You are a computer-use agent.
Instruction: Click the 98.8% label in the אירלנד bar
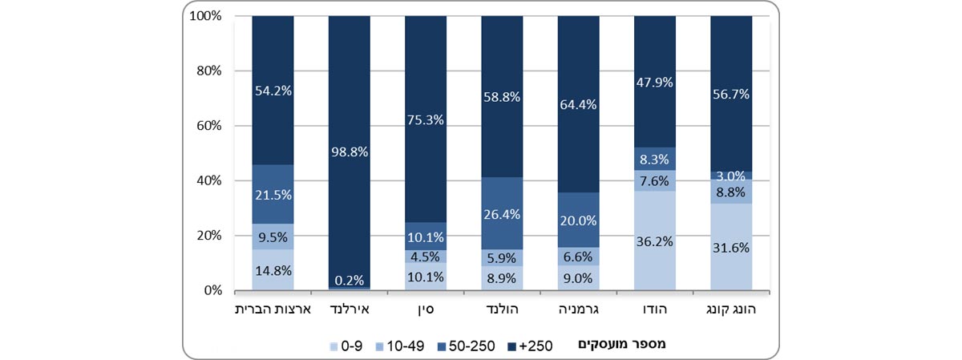pos(349,151)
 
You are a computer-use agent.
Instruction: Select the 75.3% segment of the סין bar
pos(425,119)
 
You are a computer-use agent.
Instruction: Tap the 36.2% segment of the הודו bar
pos(654,240)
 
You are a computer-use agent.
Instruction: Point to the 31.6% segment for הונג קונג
pos(730,247)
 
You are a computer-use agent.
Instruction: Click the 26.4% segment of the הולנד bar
pos(501,213)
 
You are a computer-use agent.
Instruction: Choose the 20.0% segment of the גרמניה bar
pos(577,220)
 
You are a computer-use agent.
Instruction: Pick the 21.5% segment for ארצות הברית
pos(272,194)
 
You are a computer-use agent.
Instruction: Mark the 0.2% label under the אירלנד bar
pos(349,280)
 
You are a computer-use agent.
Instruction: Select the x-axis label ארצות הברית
pos(272,309)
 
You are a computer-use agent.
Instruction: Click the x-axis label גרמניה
pos(577,309)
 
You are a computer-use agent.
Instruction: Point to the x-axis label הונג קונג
pos(730,309)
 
